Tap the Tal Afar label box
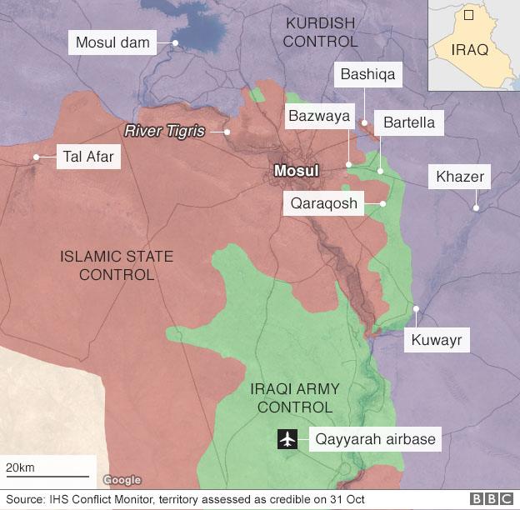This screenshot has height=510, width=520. (87, 157)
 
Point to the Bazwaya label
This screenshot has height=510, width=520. (318, 116)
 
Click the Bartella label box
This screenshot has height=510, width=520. (408, 122)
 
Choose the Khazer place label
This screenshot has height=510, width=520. (459, 177)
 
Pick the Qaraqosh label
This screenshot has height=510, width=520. (324, 203)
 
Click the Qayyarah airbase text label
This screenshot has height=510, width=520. (374, 438)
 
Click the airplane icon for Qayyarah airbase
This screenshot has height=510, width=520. (288, 438)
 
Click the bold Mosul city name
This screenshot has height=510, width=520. (296, 171)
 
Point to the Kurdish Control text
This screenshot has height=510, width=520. (320, 31)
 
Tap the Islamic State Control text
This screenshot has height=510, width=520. (117, 265)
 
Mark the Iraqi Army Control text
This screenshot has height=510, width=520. (295, 398)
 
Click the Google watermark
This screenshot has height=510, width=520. (122, 480)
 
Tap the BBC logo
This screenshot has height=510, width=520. (492, 499)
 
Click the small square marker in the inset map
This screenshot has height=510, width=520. (468, 15)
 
